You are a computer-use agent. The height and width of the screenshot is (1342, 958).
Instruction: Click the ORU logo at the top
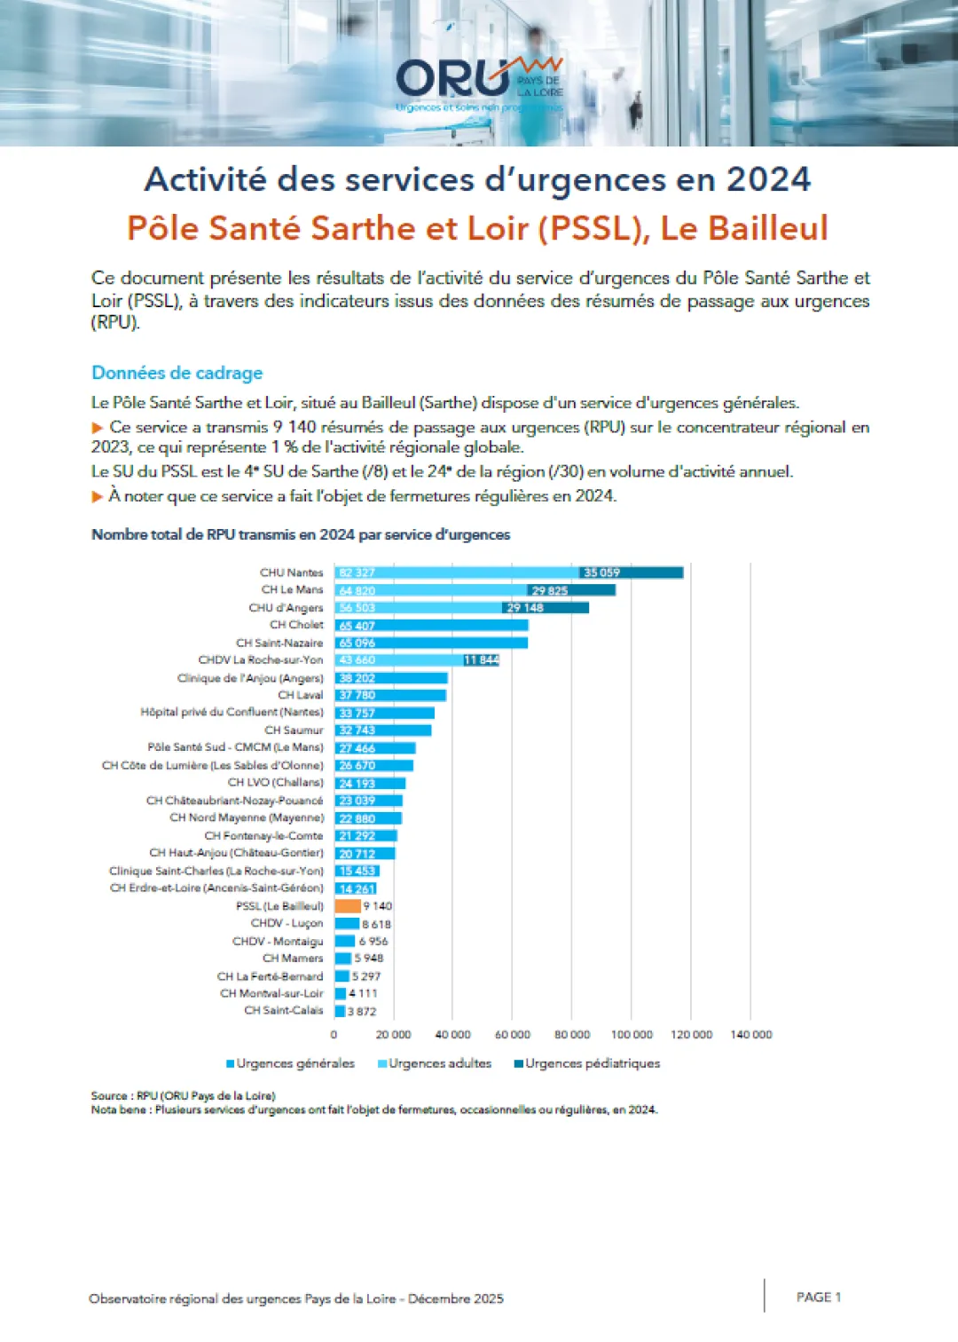pos(479,82)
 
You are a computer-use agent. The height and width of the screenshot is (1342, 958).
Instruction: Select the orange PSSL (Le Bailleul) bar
pos(348,906)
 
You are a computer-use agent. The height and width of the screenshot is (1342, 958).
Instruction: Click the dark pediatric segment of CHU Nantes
pos(631,572)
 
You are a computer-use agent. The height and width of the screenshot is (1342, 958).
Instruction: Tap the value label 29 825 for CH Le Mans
pos(549,590)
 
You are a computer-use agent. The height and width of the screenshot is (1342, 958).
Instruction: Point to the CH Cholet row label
pos(296,625)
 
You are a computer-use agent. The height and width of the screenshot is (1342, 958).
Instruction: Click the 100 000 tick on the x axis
pos(632,1035)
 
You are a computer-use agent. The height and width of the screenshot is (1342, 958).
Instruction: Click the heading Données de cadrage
pos(177,373)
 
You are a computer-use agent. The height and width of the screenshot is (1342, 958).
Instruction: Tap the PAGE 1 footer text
pos(818,1297)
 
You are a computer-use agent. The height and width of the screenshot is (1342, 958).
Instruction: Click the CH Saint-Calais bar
pos(340,1011)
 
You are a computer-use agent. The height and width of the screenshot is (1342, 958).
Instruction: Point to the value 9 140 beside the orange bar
pos(377,906)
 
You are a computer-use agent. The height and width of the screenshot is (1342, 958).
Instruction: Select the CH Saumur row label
pos(294,730)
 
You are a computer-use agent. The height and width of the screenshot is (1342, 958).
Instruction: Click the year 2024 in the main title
pos(768,179)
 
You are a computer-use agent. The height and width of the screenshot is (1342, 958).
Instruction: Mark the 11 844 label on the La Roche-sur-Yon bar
pos(481,660)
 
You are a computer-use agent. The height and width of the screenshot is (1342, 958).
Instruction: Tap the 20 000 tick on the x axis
pos(393,1035)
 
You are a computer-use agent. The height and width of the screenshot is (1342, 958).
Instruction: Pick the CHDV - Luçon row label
pos(287,923)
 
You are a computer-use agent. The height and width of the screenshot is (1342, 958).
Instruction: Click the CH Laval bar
pos(390,695)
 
